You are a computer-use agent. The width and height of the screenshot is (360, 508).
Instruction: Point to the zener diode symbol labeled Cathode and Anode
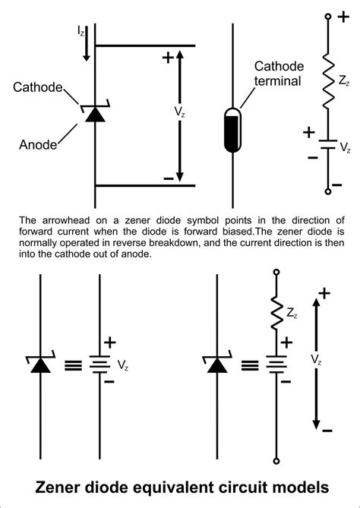tap(94, 114)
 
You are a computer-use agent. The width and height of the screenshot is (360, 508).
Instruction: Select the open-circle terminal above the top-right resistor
tap(328, 16)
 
